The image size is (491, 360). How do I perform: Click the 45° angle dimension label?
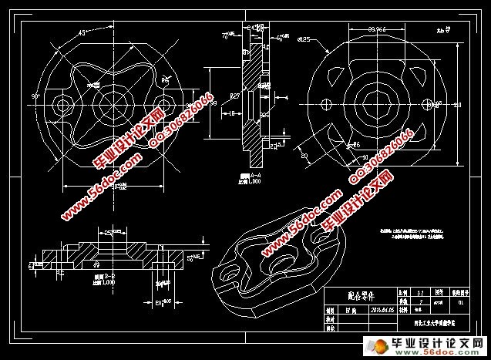tap(82, 34)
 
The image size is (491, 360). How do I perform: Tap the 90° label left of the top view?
tap(35, 96)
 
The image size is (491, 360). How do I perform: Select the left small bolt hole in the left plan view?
tap(60, 103)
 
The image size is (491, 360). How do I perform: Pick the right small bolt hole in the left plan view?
tap(161, 103)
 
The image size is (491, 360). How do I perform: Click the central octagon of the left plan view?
tap(110, 103)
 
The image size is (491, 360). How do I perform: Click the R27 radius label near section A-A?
tap(235, 96)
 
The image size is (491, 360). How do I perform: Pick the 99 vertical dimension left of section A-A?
tap(214, 103)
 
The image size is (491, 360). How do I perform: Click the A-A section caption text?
tap(247, 178)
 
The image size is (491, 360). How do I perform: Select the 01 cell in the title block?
tap(460, 302)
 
